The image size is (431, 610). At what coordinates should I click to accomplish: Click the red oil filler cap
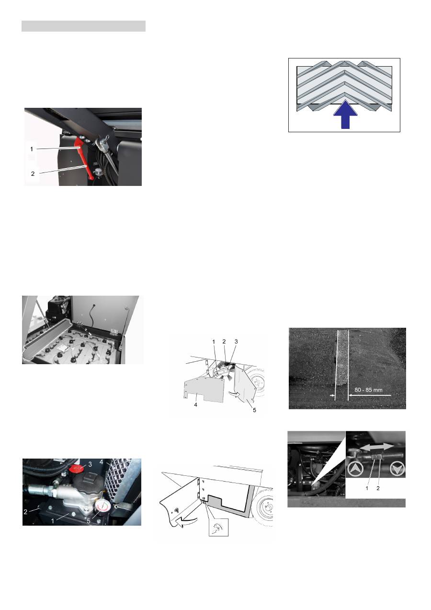75,468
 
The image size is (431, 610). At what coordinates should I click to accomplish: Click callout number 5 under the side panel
254,410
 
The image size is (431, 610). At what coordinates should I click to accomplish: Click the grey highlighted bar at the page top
83,26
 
